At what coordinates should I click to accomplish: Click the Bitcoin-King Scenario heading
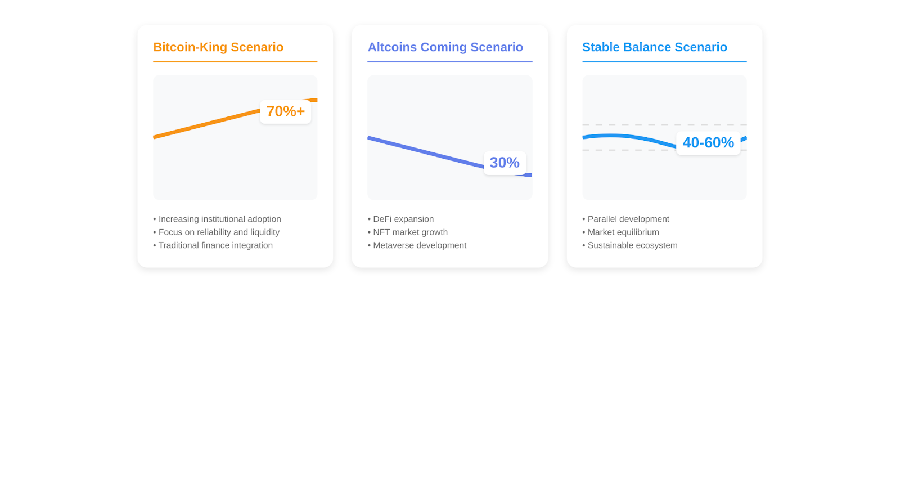coord(218,47)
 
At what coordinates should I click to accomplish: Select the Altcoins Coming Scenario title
coord(445,47)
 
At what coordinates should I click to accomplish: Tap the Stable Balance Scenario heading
coord(655,47)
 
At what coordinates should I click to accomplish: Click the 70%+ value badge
coord(286,112)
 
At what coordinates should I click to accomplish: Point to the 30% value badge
coord(505,163)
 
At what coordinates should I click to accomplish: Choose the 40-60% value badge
coord(708,143)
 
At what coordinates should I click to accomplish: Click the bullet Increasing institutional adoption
coord(217,219)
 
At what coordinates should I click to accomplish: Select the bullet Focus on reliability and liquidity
coord(216,232)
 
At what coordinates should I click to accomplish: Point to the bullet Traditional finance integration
coord(213,245)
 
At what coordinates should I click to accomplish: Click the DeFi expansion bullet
coord(400,219)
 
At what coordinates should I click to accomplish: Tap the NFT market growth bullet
coord(407,232)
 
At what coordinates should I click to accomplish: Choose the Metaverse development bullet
coord(417,245)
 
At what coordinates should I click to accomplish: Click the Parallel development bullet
coord(625,219)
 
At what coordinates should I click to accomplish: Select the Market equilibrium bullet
coord(621,232)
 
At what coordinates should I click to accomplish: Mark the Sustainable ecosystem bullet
coord(630,245)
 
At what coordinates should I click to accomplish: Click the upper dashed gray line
coord(664,125)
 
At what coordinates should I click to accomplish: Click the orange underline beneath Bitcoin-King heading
coord(235,62)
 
